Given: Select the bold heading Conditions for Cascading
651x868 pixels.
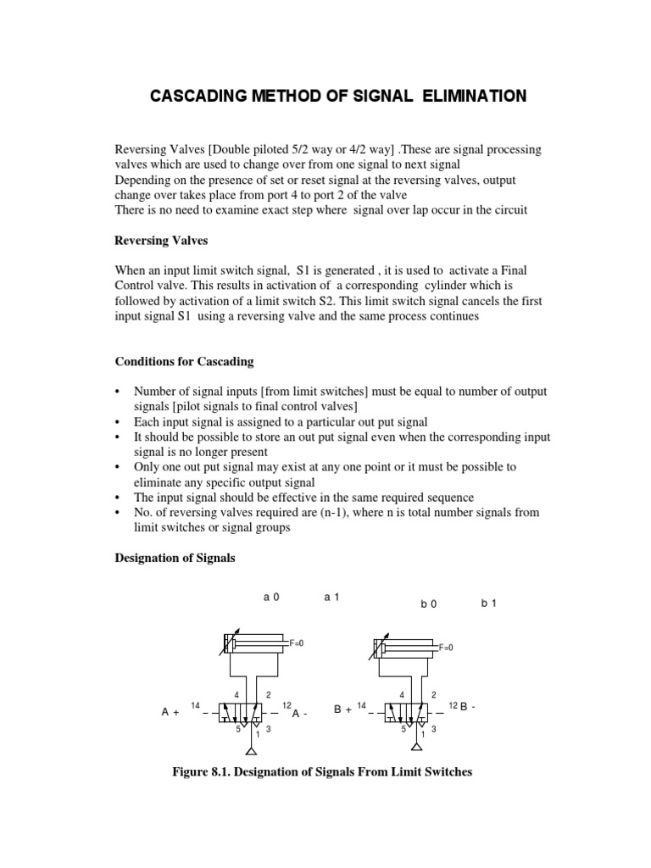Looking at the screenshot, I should [x=184, y=361].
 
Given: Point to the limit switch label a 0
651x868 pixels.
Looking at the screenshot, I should [x=271, y=597].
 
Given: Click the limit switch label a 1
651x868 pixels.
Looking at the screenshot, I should [x=331, y=597].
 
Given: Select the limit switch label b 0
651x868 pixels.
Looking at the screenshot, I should [x=428, y=604].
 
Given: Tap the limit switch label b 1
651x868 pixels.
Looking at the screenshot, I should [x=489, y=604].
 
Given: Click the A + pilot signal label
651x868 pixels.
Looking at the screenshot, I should [x=170, y=713].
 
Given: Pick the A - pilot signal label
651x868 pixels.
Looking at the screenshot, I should [x=299, y=714].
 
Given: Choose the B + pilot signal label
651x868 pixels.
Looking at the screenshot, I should [x=342, y=710].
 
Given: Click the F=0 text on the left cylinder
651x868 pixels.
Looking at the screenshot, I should [x=297, y=644].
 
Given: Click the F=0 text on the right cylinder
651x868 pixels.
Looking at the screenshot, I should [x=446, y=648].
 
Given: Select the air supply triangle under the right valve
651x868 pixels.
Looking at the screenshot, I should [x=417, y=749].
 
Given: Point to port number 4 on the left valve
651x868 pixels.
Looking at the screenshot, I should [x=236, y=695].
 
